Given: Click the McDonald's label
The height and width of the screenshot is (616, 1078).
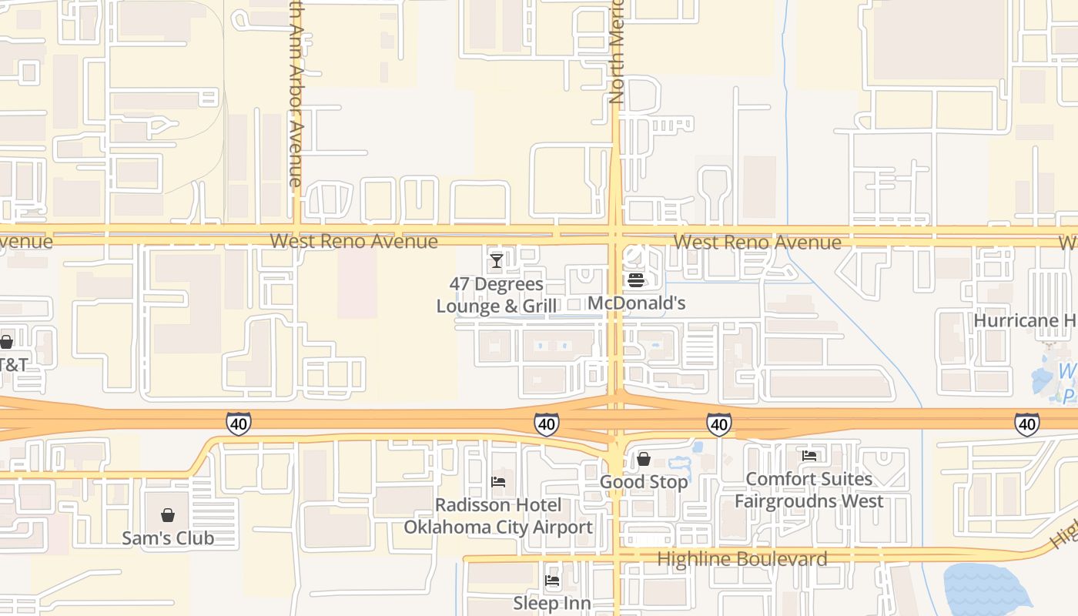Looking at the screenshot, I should [x=636, y=303].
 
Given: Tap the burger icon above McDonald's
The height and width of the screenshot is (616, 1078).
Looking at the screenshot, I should [x=636, y=280].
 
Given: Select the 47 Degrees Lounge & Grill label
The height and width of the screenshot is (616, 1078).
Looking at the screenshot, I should [x=497, y=296].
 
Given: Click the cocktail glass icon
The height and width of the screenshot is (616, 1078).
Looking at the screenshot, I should [x=497, y=261].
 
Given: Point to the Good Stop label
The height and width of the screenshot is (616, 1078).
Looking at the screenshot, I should [x=644, y=482].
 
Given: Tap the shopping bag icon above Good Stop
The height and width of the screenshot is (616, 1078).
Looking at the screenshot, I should [x=644, y=460].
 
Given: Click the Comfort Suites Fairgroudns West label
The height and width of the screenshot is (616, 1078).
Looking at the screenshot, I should [x=808, y=490].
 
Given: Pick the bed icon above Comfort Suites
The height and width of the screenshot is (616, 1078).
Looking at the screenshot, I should [x=808, y=456].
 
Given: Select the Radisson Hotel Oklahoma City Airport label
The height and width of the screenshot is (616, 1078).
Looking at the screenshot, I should [x=498, y=516].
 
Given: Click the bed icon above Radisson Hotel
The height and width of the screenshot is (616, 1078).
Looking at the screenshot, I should [x=498, y=483].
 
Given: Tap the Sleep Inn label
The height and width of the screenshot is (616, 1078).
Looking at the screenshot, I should [x=552, y=603].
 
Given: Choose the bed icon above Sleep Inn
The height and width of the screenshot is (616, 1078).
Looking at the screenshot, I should [x=552, y=581].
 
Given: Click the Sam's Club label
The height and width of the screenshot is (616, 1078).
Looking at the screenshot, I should [x=168, y=537].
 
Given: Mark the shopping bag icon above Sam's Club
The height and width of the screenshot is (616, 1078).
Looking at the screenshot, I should [x=168, y=515].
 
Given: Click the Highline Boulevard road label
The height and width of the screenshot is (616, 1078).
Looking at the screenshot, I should [x=742, y=559].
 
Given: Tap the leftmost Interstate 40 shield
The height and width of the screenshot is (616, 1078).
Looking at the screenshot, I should [x=238, y=423].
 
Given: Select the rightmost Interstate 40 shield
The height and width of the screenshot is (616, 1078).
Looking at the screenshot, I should [x=1026, y=423].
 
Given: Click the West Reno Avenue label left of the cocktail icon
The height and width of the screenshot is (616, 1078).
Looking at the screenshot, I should [x=353, y=241].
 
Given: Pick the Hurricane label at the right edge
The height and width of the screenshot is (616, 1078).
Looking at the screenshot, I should [x=1024, y=320].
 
